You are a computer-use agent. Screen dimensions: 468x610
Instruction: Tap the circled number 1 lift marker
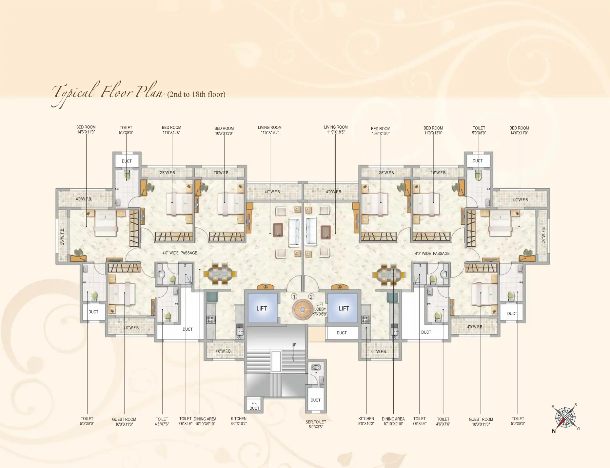coord(294,297)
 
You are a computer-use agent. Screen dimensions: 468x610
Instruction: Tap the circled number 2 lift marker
coord(311,297)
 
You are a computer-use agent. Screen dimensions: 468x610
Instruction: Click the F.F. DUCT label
coord(254,406)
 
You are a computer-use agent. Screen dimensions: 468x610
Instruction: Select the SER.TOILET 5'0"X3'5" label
coord(316,424)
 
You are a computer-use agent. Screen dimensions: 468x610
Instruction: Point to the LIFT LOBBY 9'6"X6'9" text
coord(320,309)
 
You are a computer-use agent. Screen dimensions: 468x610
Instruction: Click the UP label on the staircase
coord(294,345)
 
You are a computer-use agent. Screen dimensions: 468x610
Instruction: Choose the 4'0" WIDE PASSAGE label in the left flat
coord(180,253)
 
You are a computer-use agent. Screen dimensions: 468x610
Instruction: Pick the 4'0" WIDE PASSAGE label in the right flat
coord(432,253)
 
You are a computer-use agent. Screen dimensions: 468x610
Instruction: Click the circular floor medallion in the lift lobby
coord(303,309)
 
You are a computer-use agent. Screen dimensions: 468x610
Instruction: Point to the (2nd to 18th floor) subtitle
coord(196,94)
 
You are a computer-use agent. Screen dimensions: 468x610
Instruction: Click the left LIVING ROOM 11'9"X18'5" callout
coord(269,130)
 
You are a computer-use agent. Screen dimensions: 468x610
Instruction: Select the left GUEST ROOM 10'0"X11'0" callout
coord(124,422)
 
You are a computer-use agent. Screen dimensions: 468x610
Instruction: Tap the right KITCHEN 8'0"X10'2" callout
coord(366,421)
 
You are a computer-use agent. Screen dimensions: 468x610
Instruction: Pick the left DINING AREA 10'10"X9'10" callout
coord(205,421)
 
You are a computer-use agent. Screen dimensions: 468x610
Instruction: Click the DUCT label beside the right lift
coord(342,333)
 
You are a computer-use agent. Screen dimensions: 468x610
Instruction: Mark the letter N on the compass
coord(554,431)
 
